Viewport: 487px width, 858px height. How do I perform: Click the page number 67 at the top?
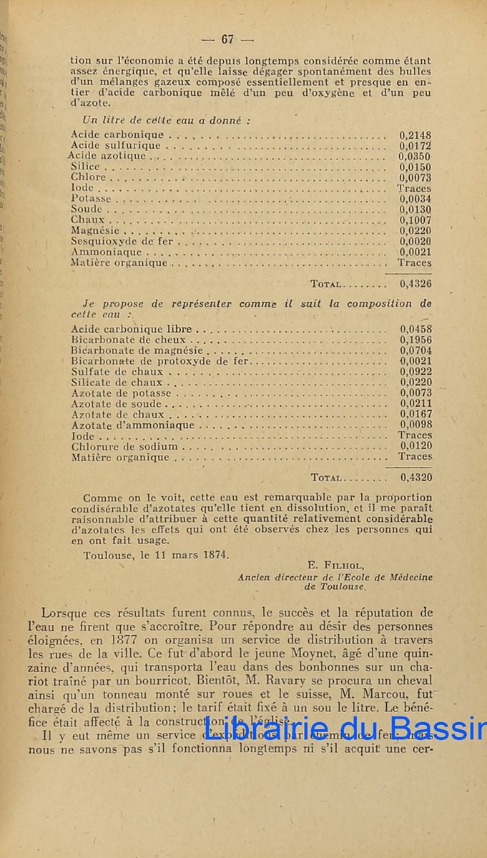tap(228, 39)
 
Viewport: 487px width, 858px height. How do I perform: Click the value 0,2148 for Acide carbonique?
tap(415, 134)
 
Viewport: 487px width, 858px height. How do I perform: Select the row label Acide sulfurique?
tap(116, 145)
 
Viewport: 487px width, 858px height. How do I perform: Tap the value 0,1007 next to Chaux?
tap(415, 220)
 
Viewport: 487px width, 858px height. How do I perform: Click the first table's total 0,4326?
tap(415, 284)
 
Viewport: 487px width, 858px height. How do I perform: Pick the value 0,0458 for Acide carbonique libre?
tap(415, 330)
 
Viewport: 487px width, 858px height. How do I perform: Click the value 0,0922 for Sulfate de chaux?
tap(415, 372)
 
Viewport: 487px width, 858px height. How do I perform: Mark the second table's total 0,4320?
tap(415, 478)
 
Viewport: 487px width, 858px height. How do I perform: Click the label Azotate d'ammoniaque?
tap(132, 425)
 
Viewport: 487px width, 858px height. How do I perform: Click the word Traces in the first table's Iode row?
tap(414, 188)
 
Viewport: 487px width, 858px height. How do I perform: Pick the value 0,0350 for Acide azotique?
tap(415, 156)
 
